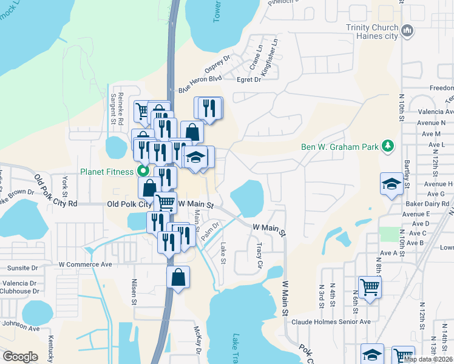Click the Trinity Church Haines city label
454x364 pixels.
point(371,32)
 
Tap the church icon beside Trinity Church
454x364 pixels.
point(408,30)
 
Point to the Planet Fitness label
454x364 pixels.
point(106,172)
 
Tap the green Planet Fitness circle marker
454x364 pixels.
point(144,171)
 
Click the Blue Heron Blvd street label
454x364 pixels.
point(200,85)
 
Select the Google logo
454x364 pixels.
point(20,356)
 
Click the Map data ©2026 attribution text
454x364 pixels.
point(428,359)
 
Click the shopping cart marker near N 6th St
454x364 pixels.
point(370,287)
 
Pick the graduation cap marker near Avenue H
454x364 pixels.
point(391,184)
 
